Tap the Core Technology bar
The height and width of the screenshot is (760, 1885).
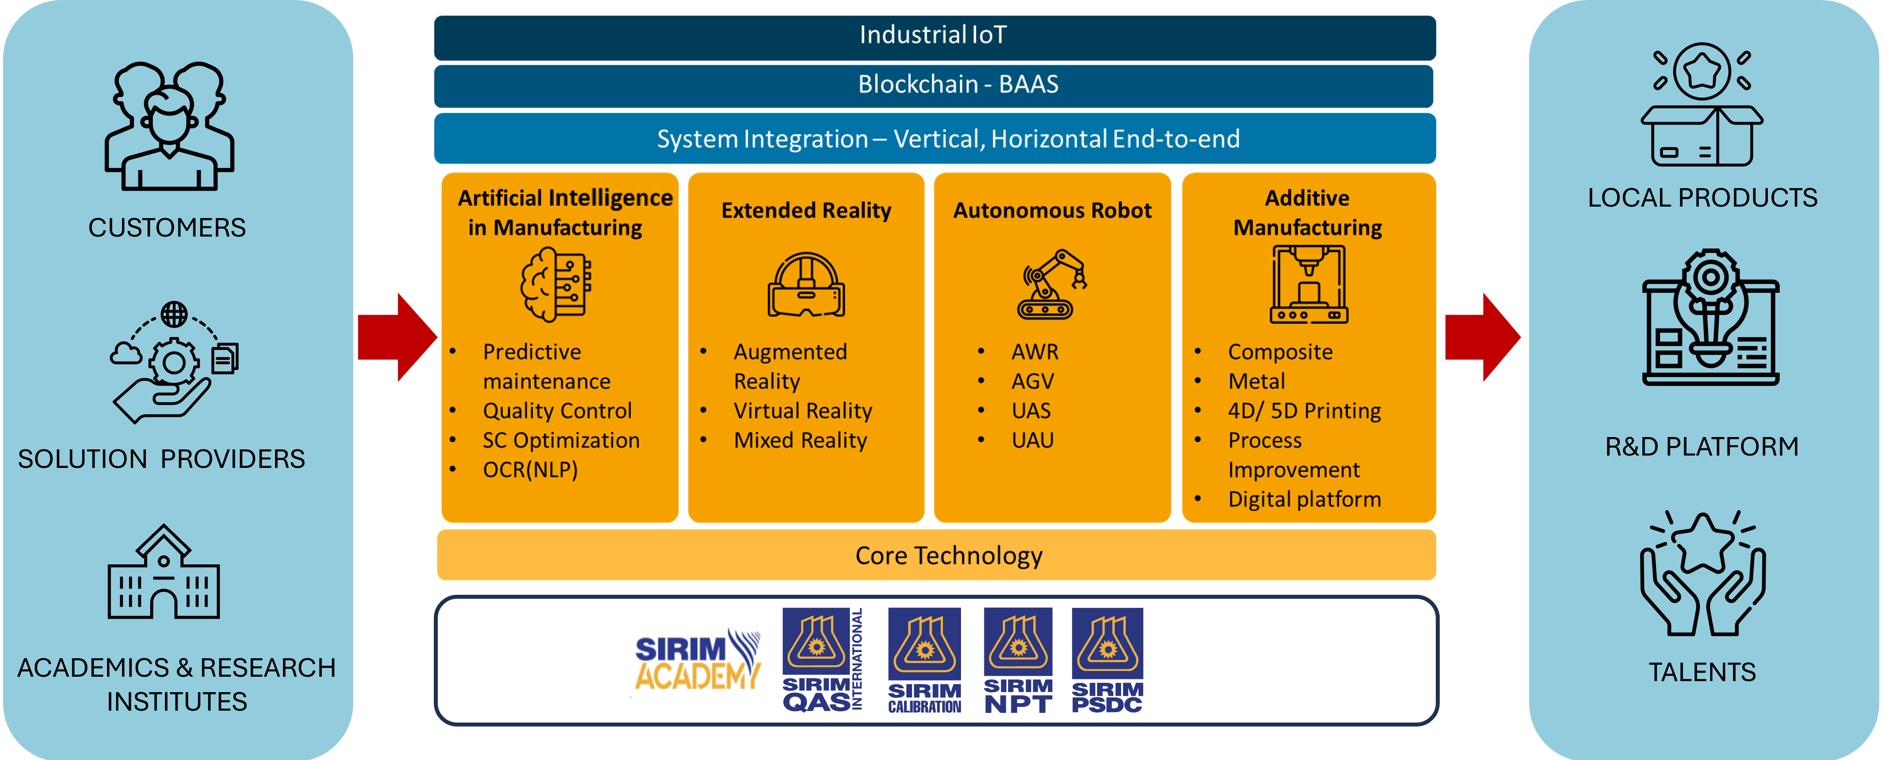[935, 555]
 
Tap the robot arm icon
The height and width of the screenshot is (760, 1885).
[1052, 284]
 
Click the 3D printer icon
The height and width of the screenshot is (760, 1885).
[1308, 284]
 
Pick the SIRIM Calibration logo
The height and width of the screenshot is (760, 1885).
[924, 660]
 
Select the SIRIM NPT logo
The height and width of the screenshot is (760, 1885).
[1018, 660]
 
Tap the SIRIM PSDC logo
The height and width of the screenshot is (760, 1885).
[1107, 660]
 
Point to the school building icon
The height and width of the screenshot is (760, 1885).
[163, 573]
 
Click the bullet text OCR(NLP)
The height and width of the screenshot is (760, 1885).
[530, 469]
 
